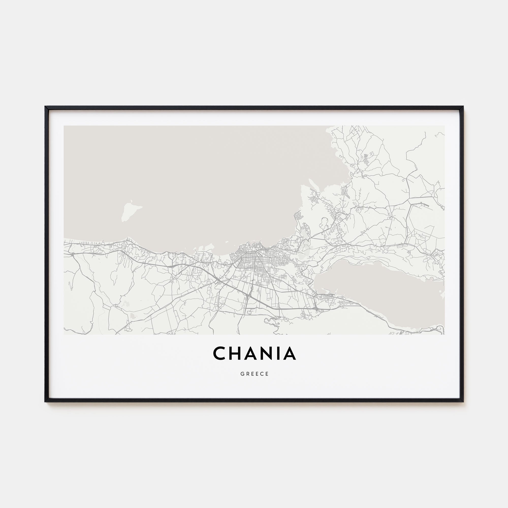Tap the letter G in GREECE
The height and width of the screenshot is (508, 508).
(x=242, y=374)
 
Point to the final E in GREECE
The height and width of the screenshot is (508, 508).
(x=267, y=374)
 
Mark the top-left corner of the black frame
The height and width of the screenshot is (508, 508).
(x=45, y=107)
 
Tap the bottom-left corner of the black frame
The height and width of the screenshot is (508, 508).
(x=45, y=402)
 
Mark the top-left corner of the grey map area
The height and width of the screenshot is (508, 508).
(x=64, y=126)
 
